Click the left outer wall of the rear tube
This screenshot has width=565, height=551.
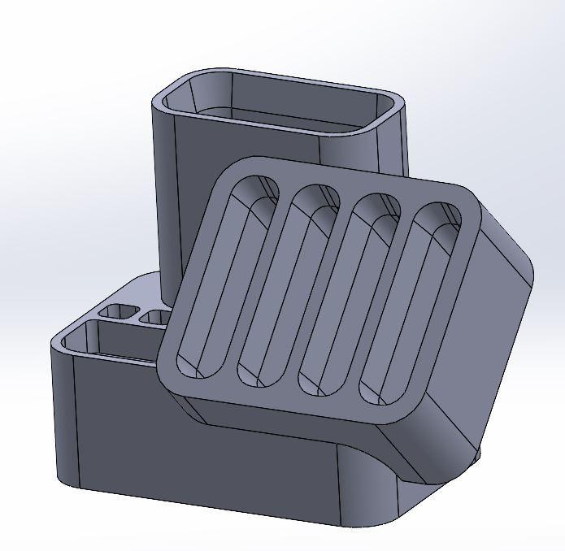tap(165, 203)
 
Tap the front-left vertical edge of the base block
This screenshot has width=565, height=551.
tap(76, 423)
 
